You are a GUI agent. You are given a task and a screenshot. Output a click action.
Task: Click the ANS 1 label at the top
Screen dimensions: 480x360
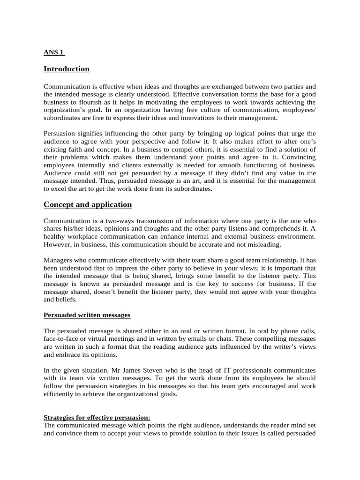coord(53,52)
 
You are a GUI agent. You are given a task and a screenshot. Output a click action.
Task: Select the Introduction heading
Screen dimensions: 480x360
coord(66,69)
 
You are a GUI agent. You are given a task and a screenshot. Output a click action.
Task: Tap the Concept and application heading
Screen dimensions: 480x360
coord(88,204)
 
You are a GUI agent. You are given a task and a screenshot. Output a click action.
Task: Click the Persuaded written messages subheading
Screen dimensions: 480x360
coord(87,315)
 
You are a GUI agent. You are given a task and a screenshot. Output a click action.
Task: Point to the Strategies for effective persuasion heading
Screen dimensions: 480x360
coord(97,417)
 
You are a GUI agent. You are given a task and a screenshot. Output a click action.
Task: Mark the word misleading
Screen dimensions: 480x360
coord(265,244)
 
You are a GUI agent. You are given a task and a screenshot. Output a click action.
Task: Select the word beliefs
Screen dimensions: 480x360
coord(67,299)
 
